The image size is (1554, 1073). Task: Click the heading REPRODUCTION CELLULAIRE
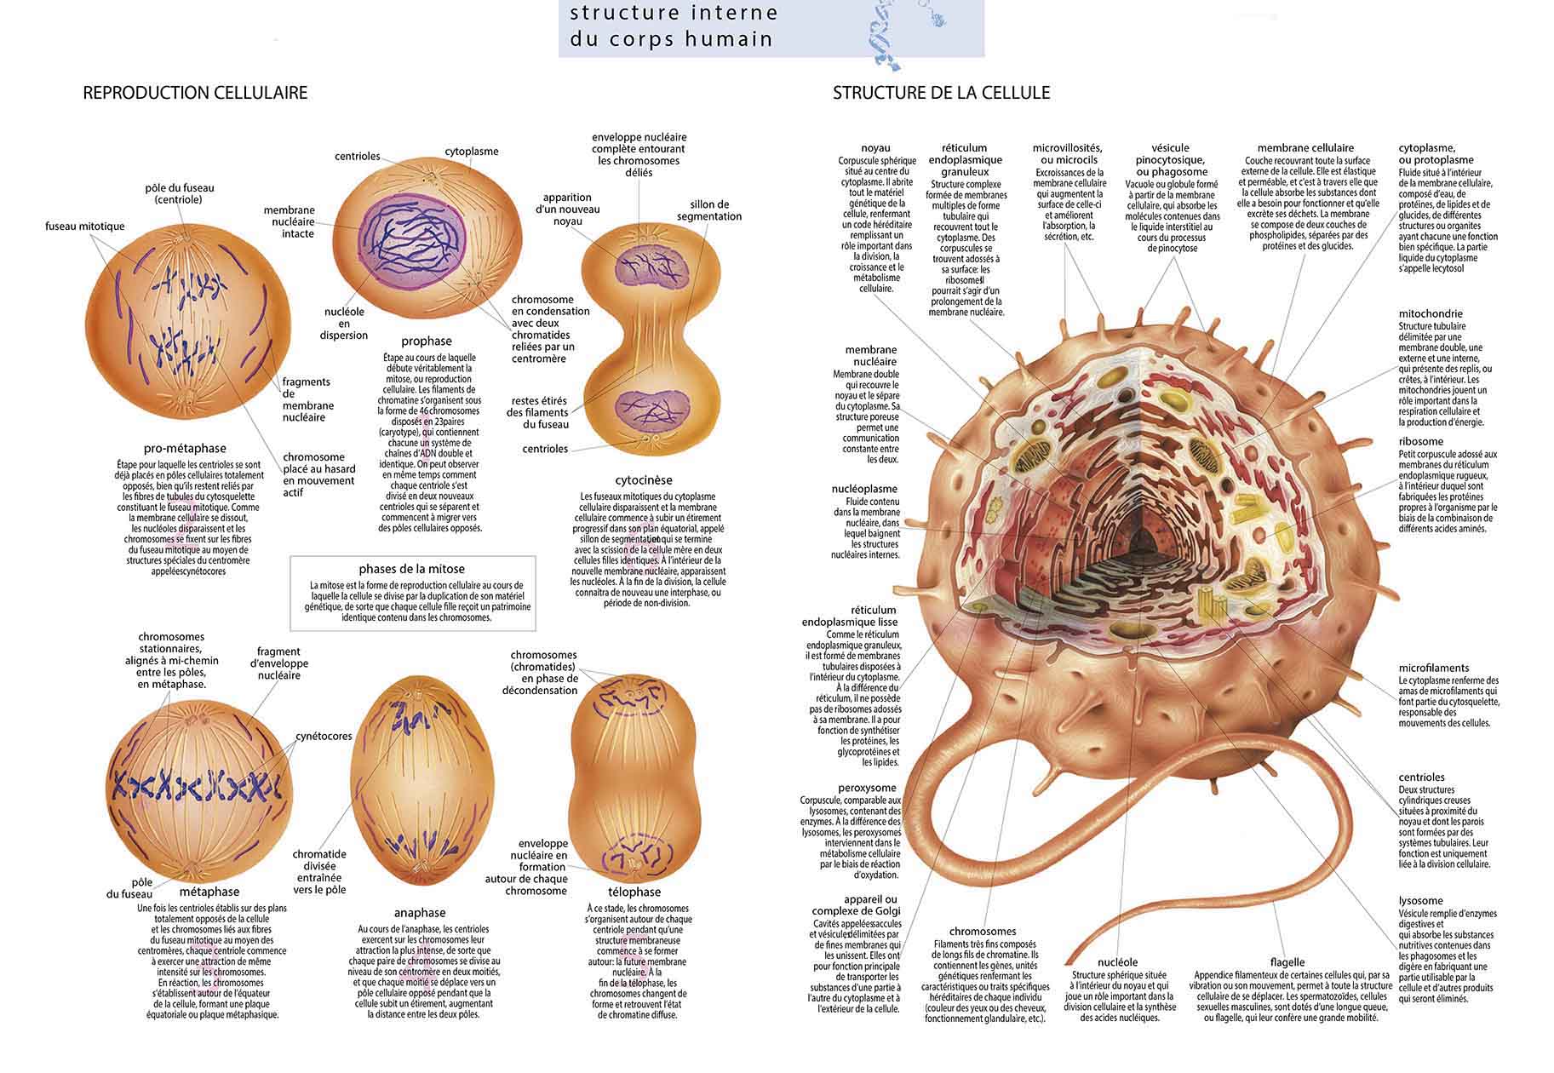point(195,93)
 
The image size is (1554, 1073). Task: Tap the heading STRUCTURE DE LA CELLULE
point(941,93)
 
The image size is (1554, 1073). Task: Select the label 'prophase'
point(427,341)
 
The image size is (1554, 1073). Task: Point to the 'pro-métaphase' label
point(185,449)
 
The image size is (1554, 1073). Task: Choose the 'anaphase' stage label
point(420,913)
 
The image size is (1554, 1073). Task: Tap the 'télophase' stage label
point(634,892)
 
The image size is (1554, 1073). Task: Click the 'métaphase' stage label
point(209,892)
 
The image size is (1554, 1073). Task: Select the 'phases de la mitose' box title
point(411,569)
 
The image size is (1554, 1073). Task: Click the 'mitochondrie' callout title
point(1431,314)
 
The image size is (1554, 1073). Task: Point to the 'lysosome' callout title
point(1420,901)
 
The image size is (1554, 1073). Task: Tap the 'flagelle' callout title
point(1287,962)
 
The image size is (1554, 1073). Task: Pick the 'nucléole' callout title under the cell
point(1117,962)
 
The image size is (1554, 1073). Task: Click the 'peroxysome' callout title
point(867,789)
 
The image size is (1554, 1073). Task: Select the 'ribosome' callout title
point(1420,442)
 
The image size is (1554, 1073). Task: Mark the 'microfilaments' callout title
point(1434,668)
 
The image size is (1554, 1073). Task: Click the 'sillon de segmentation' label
point(708,210)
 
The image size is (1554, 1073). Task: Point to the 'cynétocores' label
point(324,737)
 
